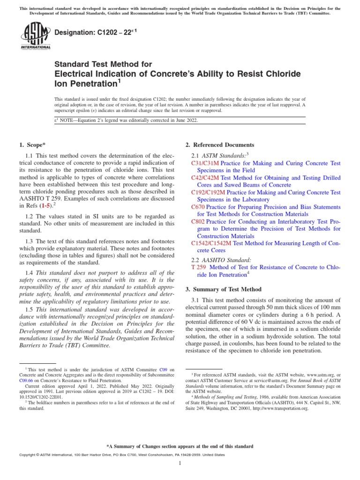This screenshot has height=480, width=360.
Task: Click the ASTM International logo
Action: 35,37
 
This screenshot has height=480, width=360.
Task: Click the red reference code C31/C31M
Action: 205,163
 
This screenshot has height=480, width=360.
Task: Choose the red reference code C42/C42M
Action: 205,178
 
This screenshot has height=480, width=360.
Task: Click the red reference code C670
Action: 198,207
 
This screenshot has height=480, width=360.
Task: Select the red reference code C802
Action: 198,222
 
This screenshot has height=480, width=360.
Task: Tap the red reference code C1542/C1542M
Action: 212,243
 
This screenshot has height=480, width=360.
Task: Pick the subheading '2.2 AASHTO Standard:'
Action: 221,259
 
